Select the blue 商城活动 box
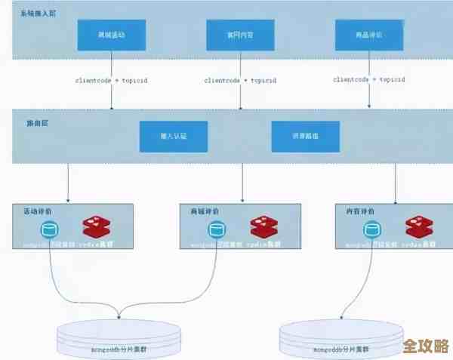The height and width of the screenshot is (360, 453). (x=112, y=35)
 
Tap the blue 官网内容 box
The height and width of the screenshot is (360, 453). (x=241, y=35)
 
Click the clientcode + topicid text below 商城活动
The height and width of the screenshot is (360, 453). (x=112, y=80)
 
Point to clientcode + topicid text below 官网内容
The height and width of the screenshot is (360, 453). (x=241, y=80)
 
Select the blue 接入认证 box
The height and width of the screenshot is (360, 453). (x=172, y=136)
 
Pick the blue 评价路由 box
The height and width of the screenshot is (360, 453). (x=306, y=136)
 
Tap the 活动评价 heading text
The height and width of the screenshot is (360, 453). (x=39, y=212)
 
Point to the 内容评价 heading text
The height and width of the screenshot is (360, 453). (x=359, y=212)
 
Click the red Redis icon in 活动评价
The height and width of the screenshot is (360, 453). (x=97, y=227)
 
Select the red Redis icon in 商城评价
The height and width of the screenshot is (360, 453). (x=265, y=227)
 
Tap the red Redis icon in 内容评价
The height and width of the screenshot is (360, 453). (x=420, y=227)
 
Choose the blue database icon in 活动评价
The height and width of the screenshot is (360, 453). (x=50, y=229)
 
